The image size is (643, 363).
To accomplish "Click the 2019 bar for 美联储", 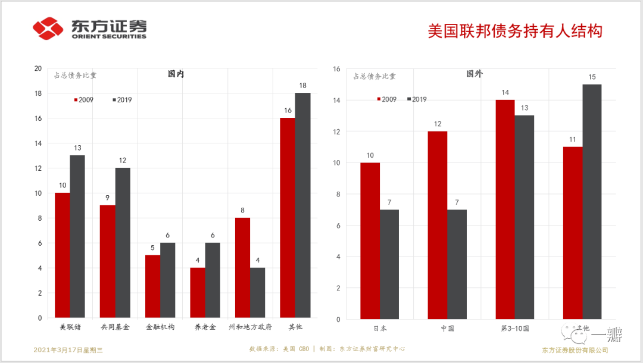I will (x=77, y=236).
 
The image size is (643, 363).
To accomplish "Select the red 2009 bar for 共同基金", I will (x=108, y=261).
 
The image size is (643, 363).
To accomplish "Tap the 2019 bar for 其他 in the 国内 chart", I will (x=302, y=205).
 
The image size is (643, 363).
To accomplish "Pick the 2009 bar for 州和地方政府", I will (x=242, y=268).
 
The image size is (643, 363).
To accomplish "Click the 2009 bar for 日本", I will (x=370, y=241).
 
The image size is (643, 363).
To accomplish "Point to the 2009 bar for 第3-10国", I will (x=505, y=209).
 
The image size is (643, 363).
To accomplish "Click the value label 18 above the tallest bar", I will (x=302, y=86).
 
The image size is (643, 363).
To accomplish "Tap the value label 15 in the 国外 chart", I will (x=592, y=77).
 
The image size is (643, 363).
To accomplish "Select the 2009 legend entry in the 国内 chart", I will (x=84, y=100).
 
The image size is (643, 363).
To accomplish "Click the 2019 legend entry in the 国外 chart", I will (x=417, y=99).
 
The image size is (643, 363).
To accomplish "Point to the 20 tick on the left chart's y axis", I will (x=38, y=68).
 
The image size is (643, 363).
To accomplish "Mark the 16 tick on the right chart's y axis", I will (x=336, y=69).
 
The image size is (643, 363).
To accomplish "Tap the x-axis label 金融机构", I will (x=160, y=327).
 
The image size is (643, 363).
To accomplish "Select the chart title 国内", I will (x=176, y=74).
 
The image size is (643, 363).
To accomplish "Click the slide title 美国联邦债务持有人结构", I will (x=516, y=30).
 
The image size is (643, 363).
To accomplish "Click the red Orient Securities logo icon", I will (x=48, y=28).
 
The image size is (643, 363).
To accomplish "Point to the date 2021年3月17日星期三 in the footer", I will (x=68, y=349).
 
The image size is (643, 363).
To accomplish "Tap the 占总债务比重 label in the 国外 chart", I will (x=374, y=76).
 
